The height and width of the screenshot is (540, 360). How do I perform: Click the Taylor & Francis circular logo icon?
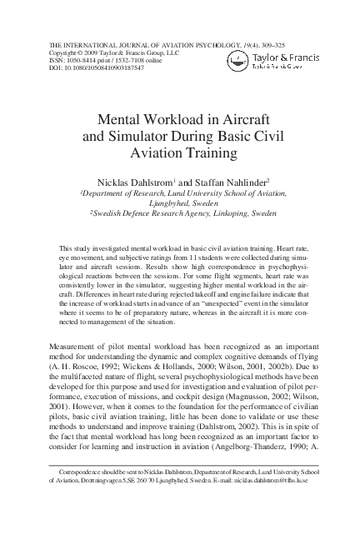[x=238, y=57]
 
